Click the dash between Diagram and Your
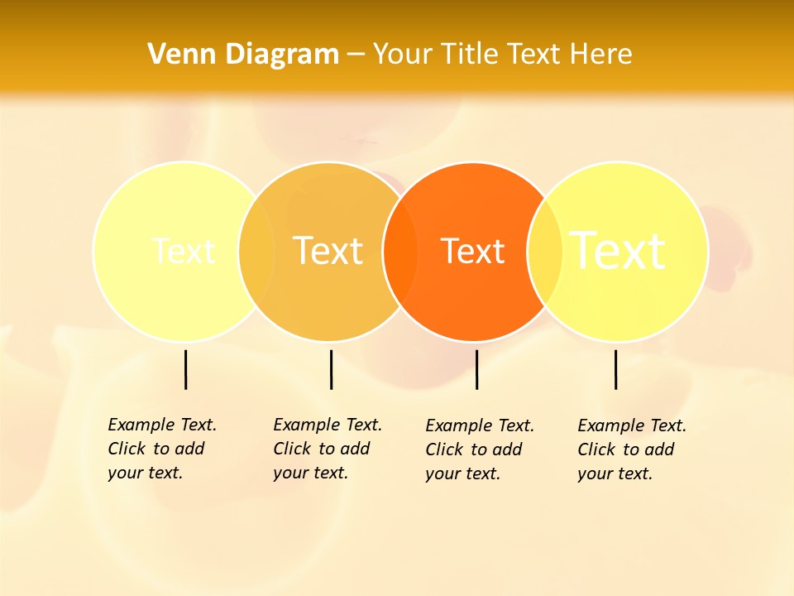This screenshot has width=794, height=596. pyautogui.click(x=356, y=55)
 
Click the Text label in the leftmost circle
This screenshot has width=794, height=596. pyautogui.click(x=183, y=251)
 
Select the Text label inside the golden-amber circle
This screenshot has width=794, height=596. pyautogui.click(x=328, y=251)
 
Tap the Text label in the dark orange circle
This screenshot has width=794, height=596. pyautogui.click(x=473, y=251)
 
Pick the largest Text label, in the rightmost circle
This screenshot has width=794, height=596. pyautogui.click(x=618, y=251)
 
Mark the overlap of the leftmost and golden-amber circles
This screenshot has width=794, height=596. pyautogui.click(x=256, y=251)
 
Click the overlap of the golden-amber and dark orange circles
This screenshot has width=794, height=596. pyautogui.click(x=400, y=251)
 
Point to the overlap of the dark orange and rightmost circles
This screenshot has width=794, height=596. pyautogui.click(x=545, y=251)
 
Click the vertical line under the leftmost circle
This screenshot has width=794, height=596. pyautogui.click(x=185, y=369)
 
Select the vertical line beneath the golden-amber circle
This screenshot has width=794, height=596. pyautogui.click(x=331, y=369)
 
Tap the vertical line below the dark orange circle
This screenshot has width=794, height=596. pyautogui.click(x=476, y=369)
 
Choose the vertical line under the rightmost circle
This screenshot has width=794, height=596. pyautogui.click(x=615, y=369)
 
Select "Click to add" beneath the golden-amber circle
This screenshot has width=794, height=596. pyautogui.click(x=321, y=449)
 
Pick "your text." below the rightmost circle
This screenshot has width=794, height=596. pyautogui.click(x=615, y=473)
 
